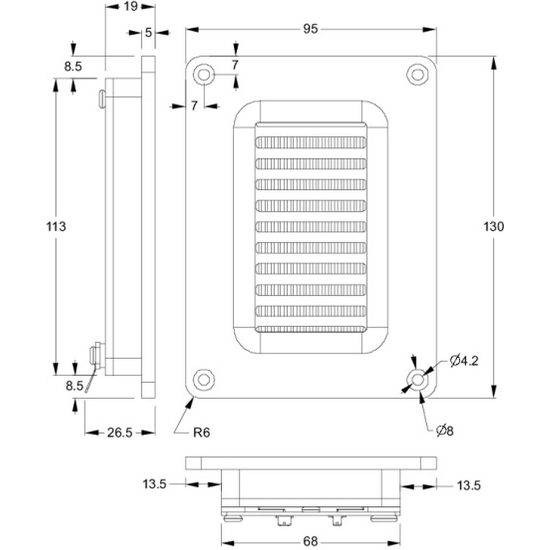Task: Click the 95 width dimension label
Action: pos(310,29)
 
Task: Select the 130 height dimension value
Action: pos(493,227)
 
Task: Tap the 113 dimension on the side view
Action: pos(56,227)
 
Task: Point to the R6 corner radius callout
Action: pos(201,432)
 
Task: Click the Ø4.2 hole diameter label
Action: pos(464,361)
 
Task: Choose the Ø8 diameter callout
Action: pos(445,430)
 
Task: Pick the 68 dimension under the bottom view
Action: pos(310,541)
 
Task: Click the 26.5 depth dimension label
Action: pos(119,432)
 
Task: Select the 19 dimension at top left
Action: pos(130,6)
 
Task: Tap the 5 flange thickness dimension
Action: pos(148,32)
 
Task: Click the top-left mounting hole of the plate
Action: pos(204,75)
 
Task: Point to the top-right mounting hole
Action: pos(417,75)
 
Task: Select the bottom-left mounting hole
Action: pos(204,379)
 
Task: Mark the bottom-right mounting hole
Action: pos(417,379)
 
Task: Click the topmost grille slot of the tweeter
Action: pos(311,142)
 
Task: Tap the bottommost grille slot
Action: pos(311,329)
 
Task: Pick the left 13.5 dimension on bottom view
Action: pos(154,484)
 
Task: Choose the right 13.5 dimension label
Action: pos(469,486)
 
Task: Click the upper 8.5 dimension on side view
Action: pos(73,67)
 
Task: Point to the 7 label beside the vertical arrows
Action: pos(235,65)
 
